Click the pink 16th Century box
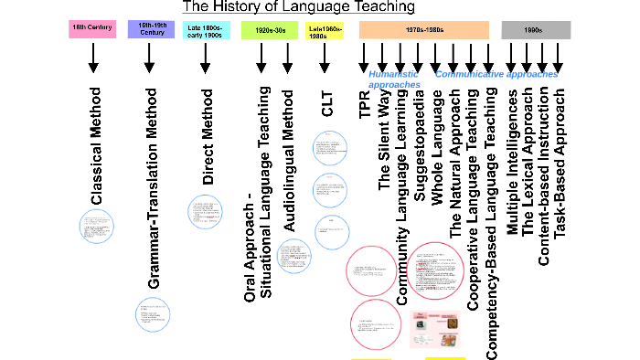click(x=91, y=29)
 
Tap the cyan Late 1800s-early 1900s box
click(x=207, y=32)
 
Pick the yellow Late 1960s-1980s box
click(x=325, y=32)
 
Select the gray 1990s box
click(x=536, y=30)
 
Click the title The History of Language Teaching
click(x=299, y=7)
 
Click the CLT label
click(x=328, y=104)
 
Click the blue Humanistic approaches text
click(x=394, y=79)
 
